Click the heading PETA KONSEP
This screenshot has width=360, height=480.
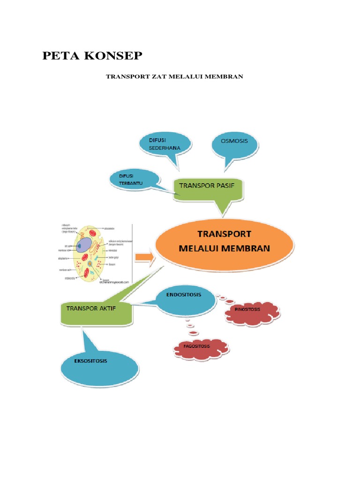(92, 56)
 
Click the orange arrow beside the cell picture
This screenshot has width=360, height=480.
(144, 257)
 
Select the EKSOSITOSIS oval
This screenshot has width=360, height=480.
(100, 363)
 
